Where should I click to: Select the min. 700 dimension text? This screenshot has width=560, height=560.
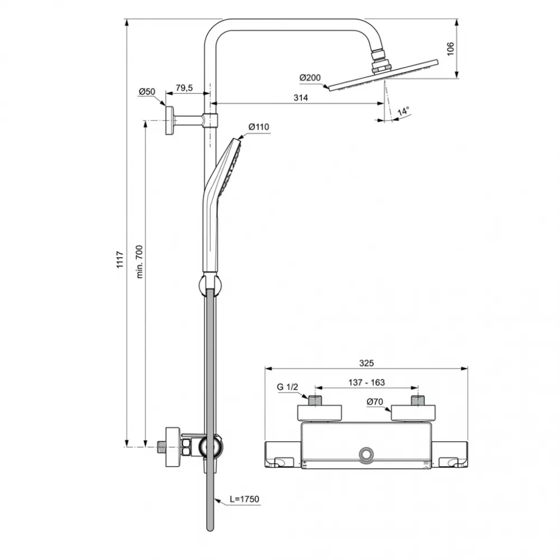pos(140,261)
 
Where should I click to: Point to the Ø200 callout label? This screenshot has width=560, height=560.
pos(309,77)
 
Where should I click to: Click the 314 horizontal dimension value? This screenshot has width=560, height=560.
pos(301,97)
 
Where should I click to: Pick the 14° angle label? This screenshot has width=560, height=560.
pos(403,111)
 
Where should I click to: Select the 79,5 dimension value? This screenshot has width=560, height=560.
pos(184,87)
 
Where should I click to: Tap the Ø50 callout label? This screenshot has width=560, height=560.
pos(147,91)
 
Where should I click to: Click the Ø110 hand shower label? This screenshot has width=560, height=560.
pos(259,127)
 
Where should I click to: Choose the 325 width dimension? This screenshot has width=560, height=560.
pos(366,363)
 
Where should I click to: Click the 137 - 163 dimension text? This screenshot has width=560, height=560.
pos(366,382)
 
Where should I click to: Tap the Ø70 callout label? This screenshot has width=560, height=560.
pos(375,401)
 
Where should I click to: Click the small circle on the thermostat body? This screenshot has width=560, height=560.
pos(367,453)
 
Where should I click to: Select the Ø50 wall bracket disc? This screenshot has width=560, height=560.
pos(168,119)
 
